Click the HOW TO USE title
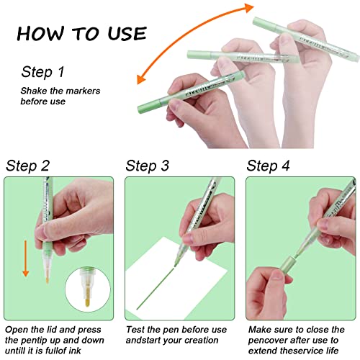[81, 33]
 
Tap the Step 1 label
[42, 72]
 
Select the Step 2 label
[27, 166]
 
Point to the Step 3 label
[147, 166]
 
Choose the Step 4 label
[268, 166]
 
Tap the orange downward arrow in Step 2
[25, 258]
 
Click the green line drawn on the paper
[156, 287]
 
